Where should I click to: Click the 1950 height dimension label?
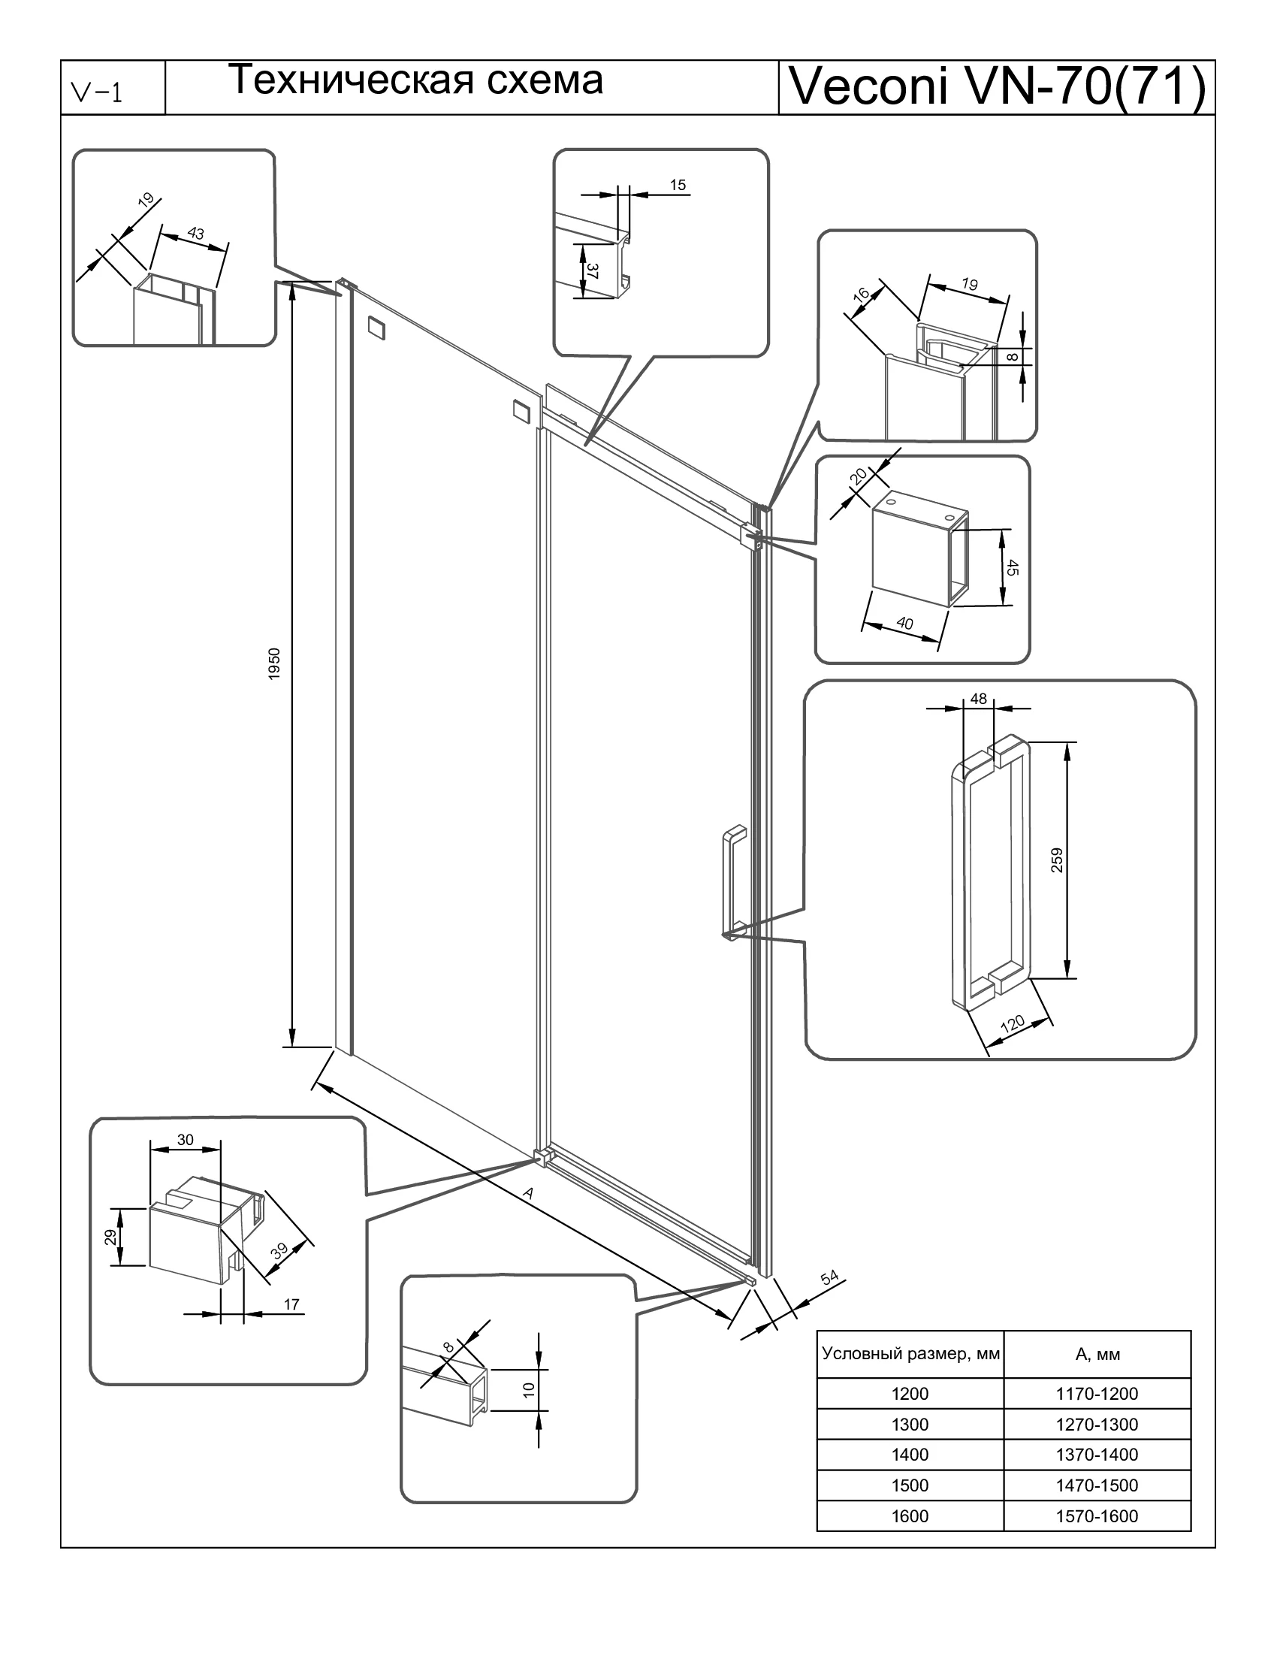(x=275, y=663)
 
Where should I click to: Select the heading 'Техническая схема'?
(x=415, y=80)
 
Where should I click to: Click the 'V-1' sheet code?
(x=96, y=93)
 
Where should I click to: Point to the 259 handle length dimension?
(x=1057, y=860)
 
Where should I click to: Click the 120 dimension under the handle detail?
(x=1013, y=1025)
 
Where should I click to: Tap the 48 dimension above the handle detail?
(x=978, y=699)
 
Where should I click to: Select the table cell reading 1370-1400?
(x=1096, y=1454)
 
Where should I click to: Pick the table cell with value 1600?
(x=910, y=1516)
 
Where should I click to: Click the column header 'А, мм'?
(x=1097, y=1355)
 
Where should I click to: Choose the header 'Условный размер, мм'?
(x=911, y=1353)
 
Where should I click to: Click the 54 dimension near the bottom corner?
(x=830, y=1277)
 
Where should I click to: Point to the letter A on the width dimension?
(x=528, y=1194)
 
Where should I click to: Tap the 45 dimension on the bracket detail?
(x=1013, y=567)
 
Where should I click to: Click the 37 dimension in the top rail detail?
(x=593, y=271)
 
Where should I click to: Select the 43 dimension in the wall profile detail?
(x=196, y=233)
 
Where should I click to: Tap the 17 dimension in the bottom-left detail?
(x=291, y=1304)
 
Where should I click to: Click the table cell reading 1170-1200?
(x=1096, y=1393)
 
